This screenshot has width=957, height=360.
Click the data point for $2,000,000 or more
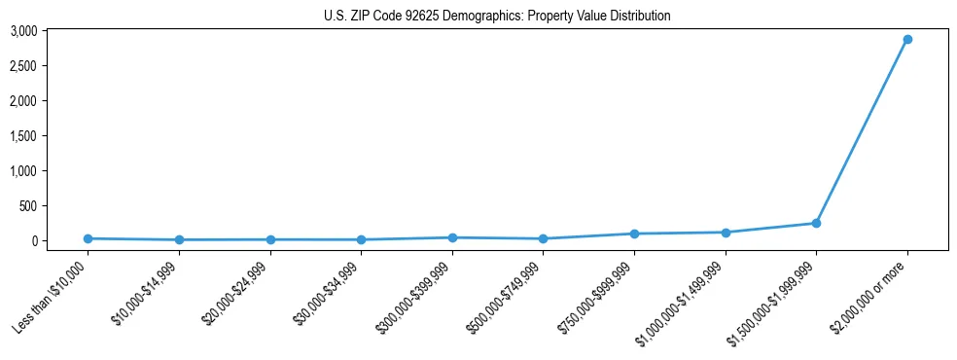[906, 40]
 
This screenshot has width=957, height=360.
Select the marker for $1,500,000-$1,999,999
[816, 224]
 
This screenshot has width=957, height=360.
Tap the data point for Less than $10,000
[88, 238]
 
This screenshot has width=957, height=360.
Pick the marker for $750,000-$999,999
[634, 234]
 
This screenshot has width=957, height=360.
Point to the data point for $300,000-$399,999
[452, 237]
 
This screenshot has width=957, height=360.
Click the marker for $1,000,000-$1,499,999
[725, 233]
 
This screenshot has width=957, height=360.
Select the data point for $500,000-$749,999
[543, 238]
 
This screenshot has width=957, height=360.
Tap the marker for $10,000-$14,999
[179, 239]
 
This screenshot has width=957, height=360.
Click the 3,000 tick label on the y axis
[23, 31]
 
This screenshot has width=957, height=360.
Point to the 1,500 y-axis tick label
[23, 136]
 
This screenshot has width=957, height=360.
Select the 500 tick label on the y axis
[27, 206]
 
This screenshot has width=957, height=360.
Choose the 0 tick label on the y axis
[33, 241]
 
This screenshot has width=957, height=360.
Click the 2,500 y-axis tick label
[23, 66]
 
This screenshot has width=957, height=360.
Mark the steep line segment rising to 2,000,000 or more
[862, 131]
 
